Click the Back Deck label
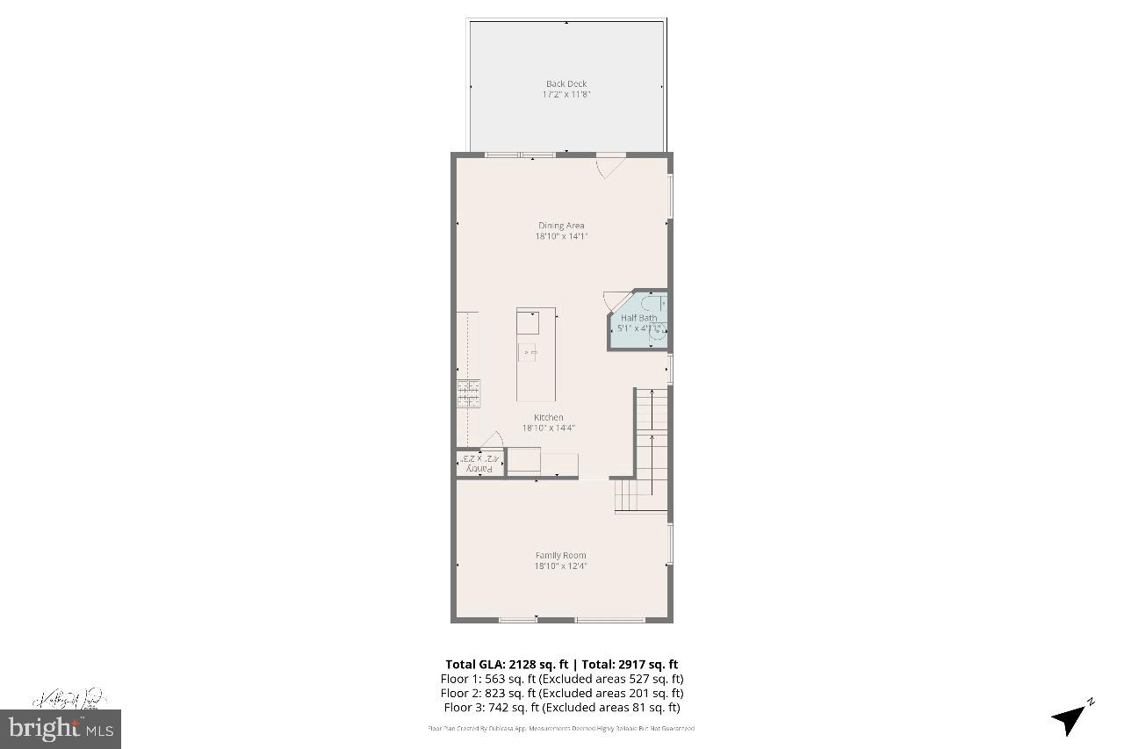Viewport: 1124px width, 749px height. click(566, 84)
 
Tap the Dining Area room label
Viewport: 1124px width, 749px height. click(561, 226)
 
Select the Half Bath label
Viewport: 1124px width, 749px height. click(638, 318)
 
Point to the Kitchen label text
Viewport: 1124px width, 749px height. click(549, 417)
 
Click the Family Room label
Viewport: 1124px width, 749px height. click(560, 555)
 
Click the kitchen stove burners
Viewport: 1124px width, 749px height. click(468, 393)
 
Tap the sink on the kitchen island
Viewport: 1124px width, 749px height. click(527, 352)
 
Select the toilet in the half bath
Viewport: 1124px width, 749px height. click(658, 332)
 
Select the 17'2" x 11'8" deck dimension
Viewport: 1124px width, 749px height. click(566, 94)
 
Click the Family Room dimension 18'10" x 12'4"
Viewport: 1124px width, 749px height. click(560, 566)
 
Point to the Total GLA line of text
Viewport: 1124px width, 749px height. click(561, 665)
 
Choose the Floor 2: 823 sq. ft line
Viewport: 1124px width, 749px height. click(561, 693)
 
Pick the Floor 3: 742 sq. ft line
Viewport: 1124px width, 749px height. click(561, 707)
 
